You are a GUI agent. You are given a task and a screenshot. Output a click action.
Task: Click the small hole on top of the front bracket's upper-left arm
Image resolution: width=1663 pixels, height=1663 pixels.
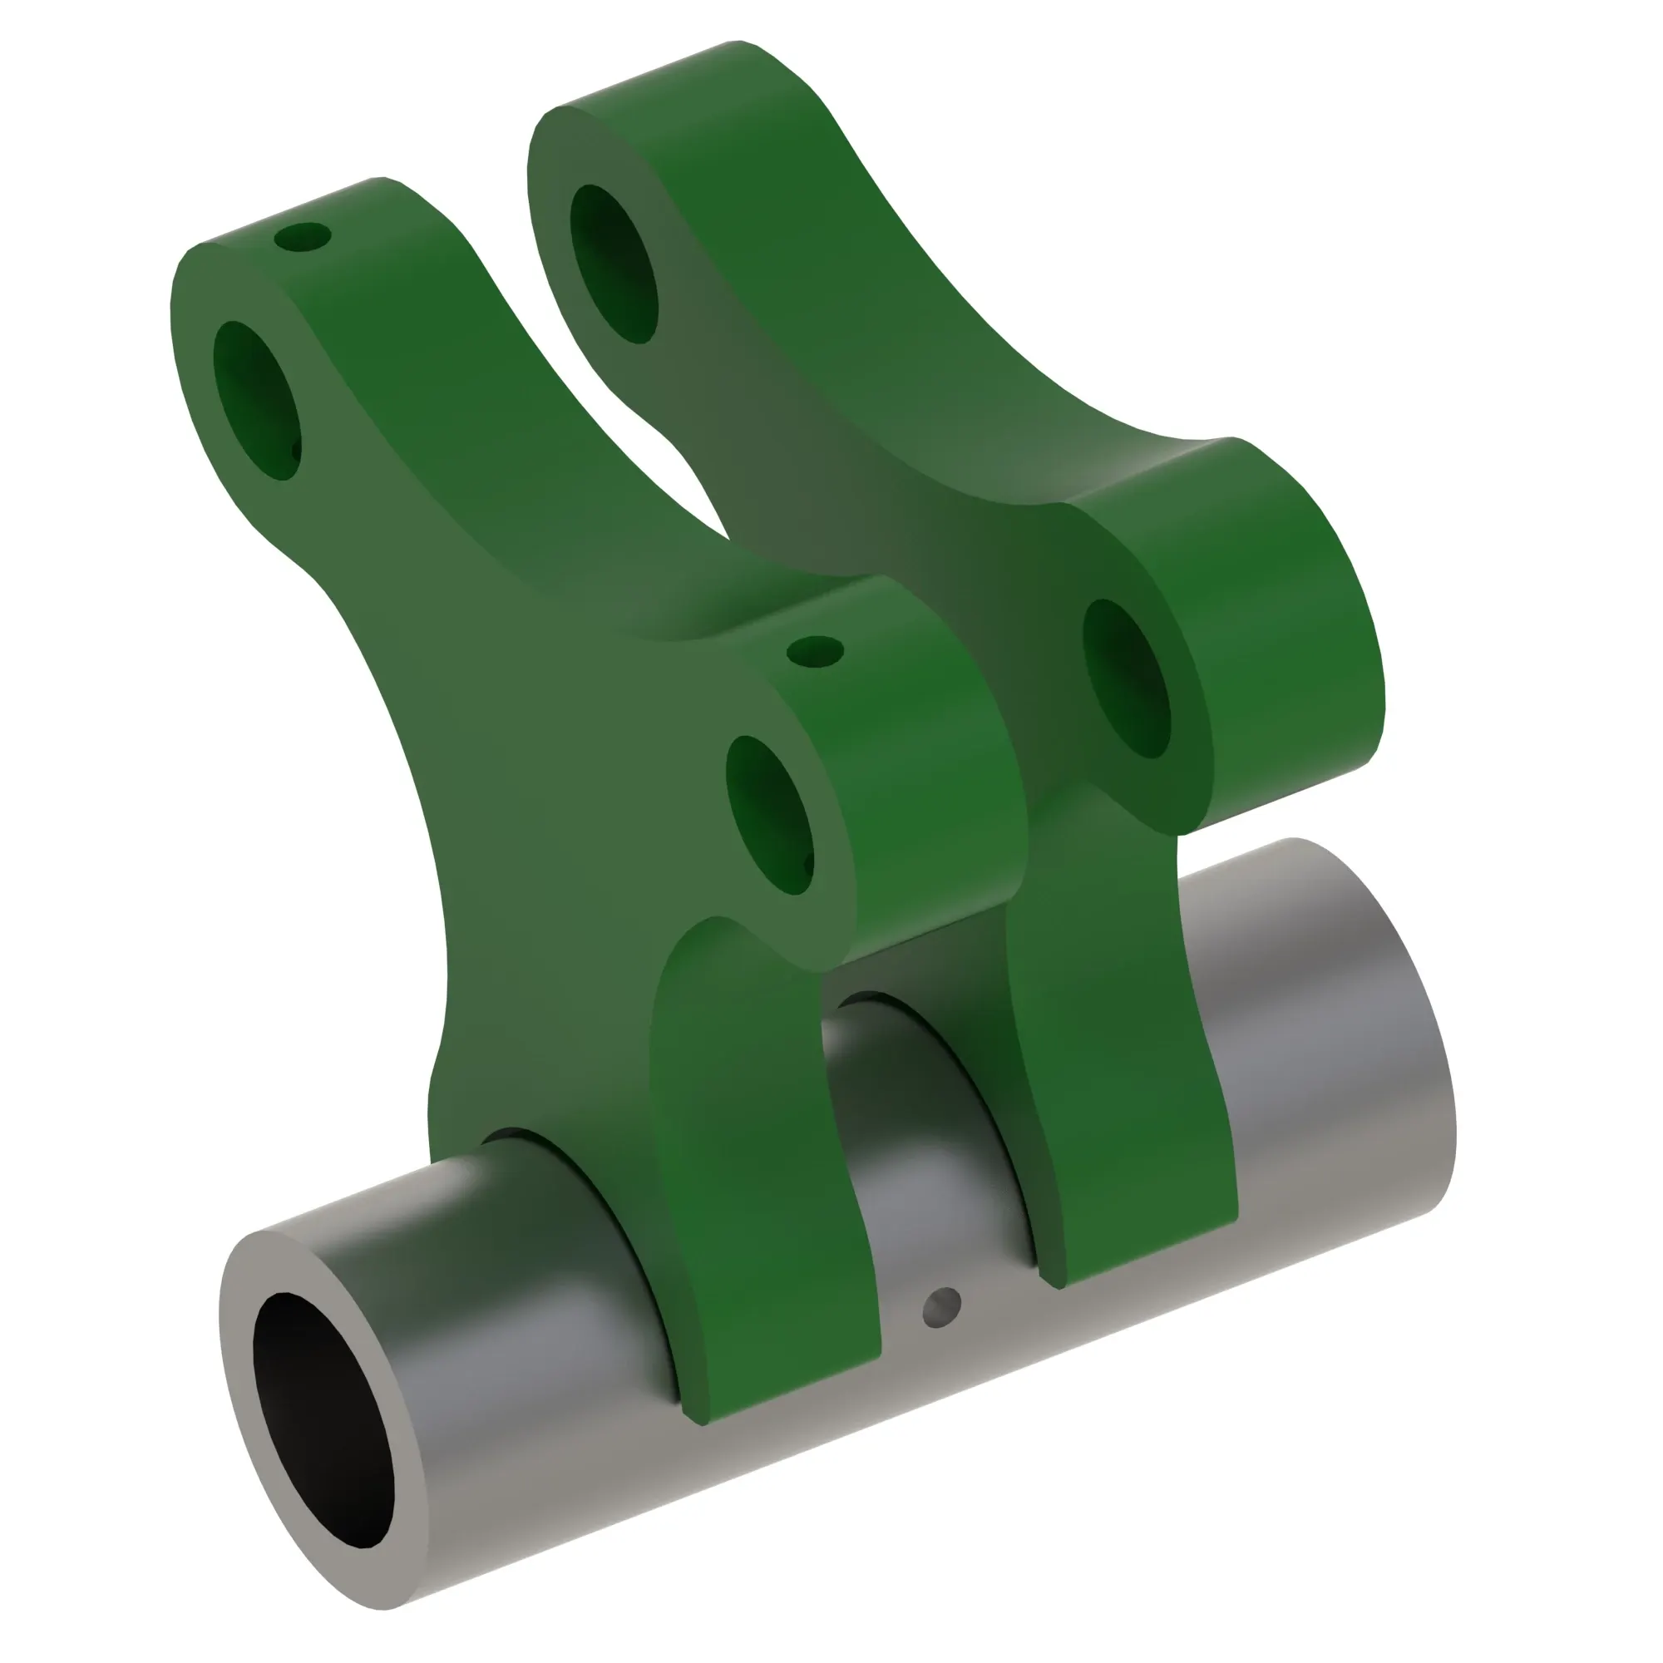(302, 237)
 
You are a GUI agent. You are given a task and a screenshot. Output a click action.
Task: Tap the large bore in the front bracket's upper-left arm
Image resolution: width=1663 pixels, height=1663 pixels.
(256, 401)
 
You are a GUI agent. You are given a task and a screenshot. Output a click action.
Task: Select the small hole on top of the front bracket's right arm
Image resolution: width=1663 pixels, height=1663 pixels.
(815, 652)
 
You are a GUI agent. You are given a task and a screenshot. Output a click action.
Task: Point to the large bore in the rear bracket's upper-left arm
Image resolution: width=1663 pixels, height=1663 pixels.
(614, 264)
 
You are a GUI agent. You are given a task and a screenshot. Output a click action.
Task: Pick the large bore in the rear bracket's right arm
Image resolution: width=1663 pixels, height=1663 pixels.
(1126, 679)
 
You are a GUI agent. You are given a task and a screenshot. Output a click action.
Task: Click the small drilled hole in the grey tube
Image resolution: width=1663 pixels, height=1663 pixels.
(942, 1307)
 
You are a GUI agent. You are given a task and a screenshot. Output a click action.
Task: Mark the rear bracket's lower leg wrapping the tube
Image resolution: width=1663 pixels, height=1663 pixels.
(1119, 1076)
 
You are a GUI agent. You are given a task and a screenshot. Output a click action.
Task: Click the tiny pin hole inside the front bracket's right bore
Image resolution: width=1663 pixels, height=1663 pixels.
(807, 861)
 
